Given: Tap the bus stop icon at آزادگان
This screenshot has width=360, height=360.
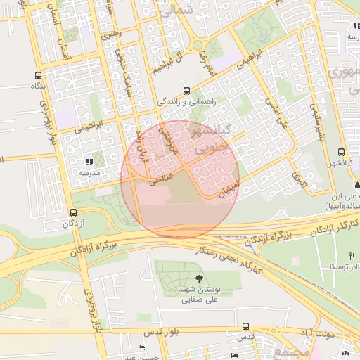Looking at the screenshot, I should (x=73, y=212).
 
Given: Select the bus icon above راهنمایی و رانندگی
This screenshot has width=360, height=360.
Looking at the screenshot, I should (x=186, y=90).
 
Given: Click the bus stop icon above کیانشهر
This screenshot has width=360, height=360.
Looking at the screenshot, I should (x=341, y=152).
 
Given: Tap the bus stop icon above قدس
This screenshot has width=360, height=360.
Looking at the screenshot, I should (x=245, y=326).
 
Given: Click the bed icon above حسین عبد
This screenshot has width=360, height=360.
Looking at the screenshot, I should (x=142, y=348).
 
